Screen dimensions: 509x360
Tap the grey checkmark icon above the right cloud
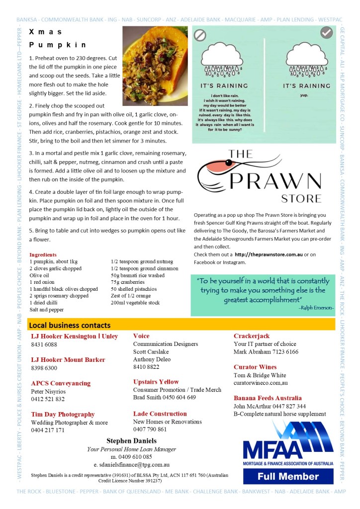point(326,33)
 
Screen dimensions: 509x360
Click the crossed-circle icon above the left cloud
point(200,35)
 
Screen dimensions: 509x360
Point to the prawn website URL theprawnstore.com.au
point(269,254)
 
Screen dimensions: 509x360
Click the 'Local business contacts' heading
point(70,325)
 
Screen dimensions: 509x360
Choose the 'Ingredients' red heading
point(43,254)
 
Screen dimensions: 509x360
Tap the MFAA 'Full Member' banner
point(288,476)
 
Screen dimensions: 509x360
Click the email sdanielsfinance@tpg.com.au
point(132,465)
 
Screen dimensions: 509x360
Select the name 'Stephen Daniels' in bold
point(131,440)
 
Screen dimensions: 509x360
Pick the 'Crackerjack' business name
point(252,336)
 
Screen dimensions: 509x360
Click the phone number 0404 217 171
point(48,430)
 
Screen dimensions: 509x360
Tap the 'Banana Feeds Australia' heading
point(268,398)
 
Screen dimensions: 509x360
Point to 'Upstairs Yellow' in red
point(156,382)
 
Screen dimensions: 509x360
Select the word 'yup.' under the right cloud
point(306,97)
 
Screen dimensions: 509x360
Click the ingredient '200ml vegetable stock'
point(135,303)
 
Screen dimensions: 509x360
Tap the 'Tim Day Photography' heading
point(63,414)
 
